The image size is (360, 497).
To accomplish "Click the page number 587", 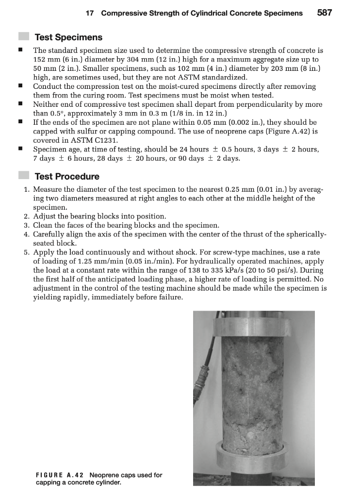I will pos(325,13).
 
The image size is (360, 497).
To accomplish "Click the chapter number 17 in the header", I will pos(89,13).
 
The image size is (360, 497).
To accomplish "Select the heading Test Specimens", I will pos(68,37).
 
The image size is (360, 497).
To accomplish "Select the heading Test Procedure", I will pos(67,177).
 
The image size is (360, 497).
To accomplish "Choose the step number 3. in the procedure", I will pos(27,225).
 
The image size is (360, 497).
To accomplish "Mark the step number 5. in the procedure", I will pos(27,252).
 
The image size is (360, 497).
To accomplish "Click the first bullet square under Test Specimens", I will pos(20,50).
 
